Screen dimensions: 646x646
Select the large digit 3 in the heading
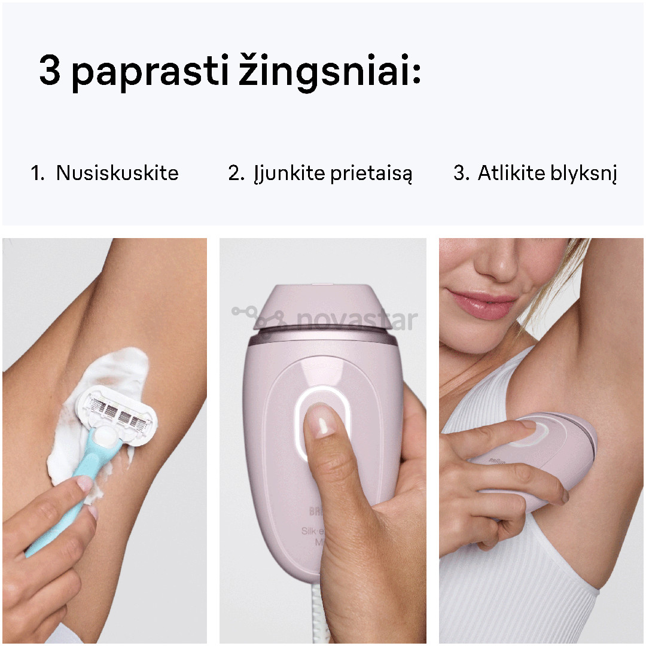(x=50, y=71)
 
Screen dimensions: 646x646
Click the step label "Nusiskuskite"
(x=117, y=173)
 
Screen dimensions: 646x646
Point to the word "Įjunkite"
(x=282, y=174)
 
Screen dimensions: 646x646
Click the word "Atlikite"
(x=511, y=173)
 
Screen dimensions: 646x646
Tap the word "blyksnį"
(x=583, y=173)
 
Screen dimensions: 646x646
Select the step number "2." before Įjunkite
(x=236, y=174)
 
